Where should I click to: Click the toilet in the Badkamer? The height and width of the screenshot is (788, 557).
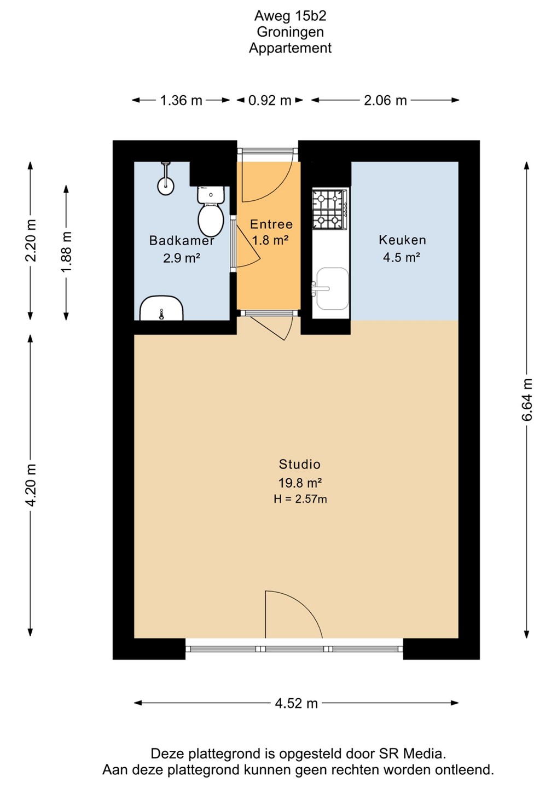click(x=211, y=211)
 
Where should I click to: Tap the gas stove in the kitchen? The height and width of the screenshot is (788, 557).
click(x=330, y=210)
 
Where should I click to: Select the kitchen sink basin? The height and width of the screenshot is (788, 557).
click(x=332, y=288)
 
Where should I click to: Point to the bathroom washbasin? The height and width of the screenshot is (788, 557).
click(x=162, y=308)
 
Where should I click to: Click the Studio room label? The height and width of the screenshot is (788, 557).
click(x=300, y=465)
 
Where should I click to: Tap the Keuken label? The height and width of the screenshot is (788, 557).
click(x=402, y=240)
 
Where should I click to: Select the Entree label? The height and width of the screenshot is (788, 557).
click(x=271, y=224)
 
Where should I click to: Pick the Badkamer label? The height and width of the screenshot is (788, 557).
click(x=182, y=241)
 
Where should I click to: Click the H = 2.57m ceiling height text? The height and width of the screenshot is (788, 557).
click(x=300, y=499)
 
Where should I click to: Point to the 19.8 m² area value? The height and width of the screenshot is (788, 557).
click(x=300, y=483)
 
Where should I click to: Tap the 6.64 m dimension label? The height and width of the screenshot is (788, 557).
click(x=527, y=399)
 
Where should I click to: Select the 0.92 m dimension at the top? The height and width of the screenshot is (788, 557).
click(x=270, y=101)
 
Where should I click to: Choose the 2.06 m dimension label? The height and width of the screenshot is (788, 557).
click(x=385, y=101)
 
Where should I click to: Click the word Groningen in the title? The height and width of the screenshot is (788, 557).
click(x=290, y=32)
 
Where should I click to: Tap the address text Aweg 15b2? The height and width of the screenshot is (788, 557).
click(x=290, y=16)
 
